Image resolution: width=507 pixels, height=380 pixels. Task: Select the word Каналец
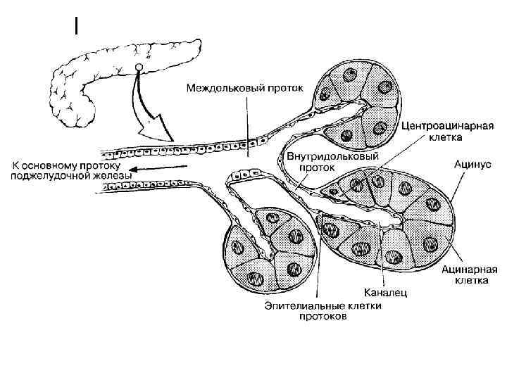pyautogui.click(x=385, y=292)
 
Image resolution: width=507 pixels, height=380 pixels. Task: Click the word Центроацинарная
pyautogui.click(x=446, y=127)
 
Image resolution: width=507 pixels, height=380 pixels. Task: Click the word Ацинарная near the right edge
pyautogui.click(x=470, y=269)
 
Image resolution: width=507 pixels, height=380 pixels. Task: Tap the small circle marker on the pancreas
pyautogui.click(x=139, y=68)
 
